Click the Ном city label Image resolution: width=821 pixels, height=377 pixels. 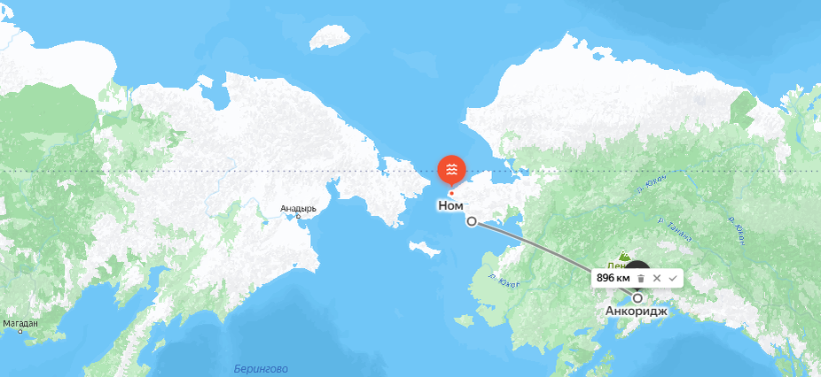[450, 205]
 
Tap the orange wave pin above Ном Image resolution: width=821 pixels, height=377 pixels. [451, 169]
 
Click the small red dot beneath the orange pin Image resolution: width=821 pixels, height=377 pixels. [451, 193]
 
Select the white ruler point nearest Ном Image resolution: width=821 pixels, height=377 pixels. [472, 221]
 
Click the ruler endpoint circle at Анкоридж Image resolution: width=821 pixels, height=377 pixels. [637, 298]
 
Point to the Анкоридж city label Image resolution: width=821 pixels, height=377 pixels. [637, 312]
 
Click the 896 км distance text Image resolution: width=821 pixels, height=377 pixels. [613, 278]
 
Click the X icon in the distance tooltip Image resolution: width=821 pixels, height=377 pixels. [656, 278]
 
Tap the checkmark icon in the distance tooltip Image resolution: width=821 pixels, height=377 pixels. [673, 278]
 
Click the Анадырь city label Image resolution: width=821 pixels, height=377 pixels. [298, 209]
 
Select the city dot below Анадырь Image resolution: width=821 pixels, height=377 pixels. [299, 216]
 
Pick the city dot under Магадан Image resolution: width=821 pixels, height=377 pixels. [20, 331]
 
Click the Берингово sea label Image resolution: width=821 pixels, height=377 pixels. [261, 368]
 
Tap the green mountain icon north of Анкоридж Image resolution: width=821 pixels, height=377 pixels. [623, 255]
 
